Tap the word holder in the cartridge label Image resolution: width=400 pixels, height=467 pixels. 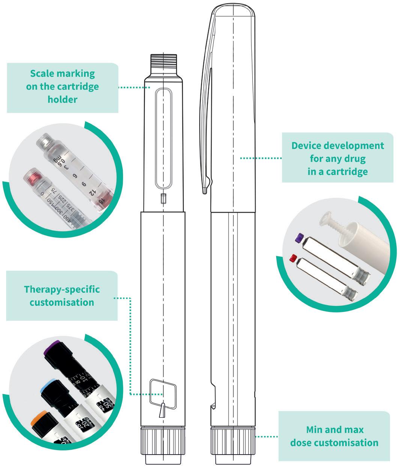(62, 100)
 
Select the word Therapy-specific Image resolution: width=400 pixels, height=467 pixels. (62, 289)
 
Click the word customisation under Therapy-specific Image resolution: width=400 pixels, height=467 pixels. (62, 302)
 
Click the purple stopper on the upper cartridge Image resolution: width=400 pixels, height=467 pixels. (299, 237)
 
